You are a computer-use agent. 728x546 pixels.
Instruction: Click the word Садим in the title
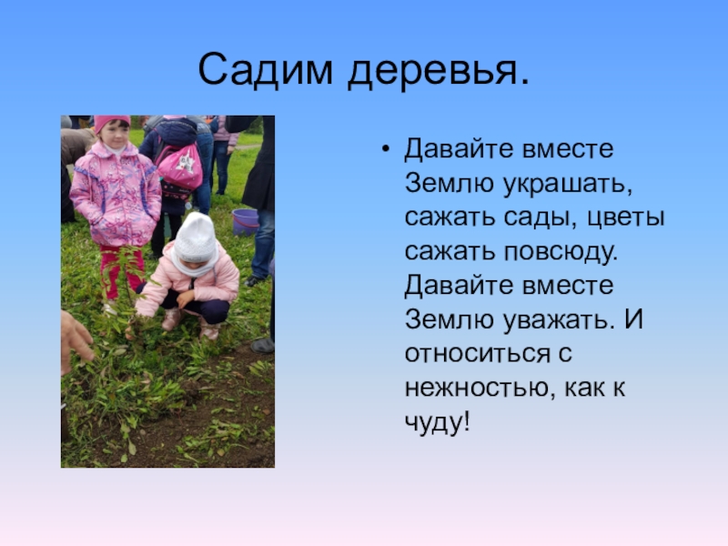(263, 70)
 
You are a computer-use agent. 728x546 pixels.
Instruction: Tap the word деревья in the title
(438, 70)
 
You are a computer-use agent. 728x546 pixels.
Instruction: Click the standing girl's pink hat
(111, 123)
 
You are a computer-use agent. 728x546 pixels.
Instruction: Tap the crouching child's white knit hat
(197, 237)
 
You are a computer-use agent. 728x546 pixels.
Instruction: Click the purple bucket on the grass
(244, 221)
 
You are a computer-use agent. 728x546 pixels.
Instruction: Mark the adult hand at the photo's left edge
(76, 338)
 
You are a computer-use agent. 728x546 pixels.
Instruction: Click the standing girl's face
(113, 136)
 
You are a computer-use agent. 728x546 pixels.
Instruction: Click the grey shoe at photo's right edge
(263, 345)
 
